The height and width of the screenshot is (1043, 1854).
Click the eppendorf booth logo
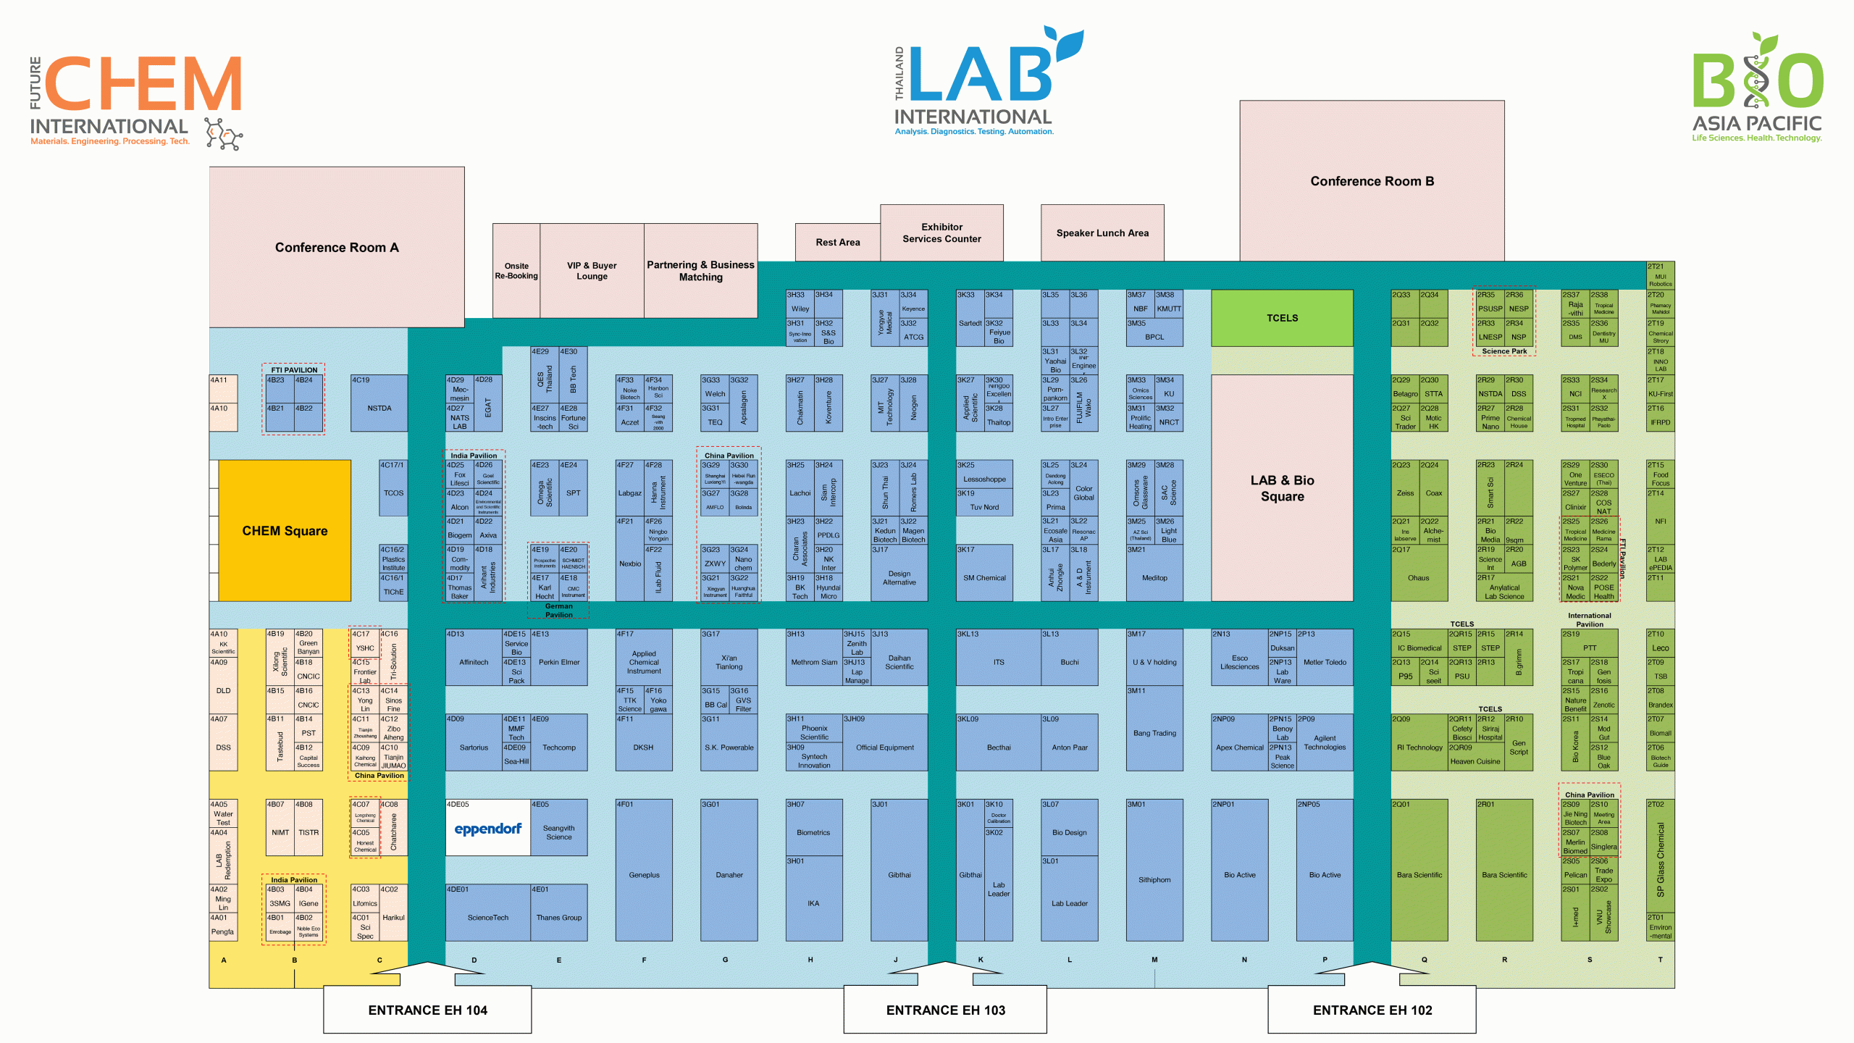[487, 829]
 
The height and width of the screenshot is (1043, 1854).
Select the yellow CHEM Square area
[285, 530]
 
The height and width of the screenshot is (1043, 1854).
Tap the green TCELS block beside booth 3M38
[1282, 318]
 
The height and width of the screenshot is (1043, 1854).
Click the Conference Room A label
[337, 248]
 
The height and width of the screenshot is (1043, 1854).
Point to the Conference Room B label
[1372, 181]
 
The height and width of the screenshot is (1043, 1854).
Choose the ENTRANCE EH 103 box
[945, 1010]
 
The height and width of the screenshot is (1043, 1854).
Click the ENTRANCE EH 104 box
[427, 1010]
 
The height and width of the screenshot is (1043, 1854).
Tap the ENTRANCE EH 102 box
[1372, 1010]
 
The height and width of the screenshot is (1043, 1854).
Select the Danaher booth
[729, 874]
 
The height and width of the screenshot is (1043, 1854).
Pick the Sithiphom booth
[1154, 879]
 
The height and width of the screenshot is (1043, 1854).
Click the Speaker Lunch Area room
[1102, 233]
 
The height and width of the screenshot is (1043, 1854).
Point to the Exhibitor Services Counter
[941, 233]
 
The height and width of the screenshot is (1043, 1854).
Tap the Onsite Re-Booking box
[516, 271]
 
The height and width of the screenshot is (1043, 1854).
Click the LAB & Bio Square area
[1282, 488]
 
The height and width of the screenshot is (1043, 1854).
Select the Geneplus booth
[644, 874]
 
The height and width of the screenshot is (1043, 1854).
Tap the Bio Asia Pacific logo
[1757, 87]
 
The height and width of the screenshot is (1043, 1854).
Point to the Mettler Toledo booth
[1325, 662]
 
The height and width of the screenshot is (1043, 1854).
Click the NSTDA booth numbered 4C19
[379, 408]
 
